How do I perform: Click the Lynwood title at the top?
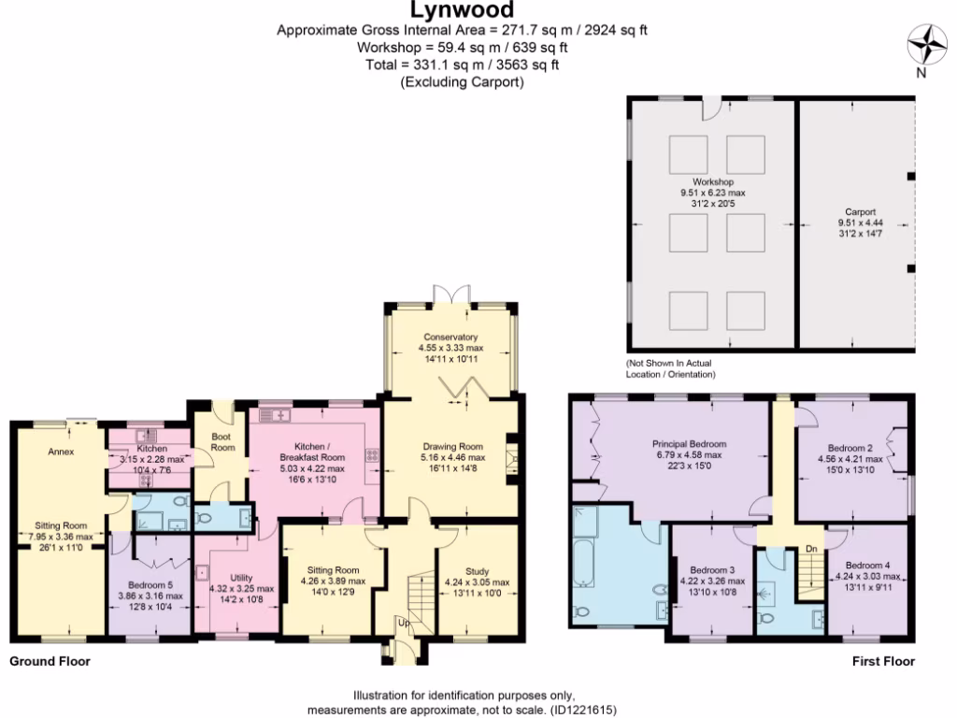[462, 11]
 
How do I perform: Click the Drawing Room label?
[450, 446]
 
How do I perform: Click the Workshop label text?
[713, 181]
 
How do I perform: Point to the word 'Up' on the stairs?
[403, 622]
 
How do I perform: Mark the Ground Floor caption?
[50, 661]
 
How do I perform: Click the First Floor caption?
[882, 661]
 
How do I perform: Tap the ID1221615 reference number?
[582, 710]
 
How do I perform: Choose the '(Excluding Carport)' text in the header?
[462, 81]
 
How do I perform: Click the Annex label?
[61, 452]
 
